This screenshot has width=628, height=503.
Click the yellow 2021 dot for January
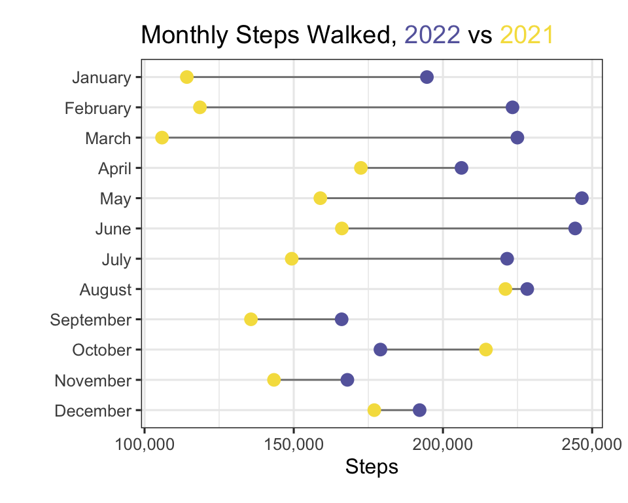(186, 77)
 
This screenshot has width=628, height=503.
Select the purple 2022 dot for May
(582, 198)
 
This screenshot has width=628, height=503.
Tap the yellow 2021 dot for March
(162, 138)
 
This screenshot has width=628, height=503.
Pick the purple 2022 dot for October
(380, 349)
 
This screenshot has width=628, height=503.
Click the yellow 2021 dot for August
(506, 289)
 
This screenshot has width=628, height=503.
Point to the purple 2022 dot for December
(419, 410)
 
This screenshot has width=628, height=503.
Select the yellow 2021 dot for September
(251, 320)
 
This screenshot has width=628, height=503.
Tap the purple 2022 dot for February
(512, 107)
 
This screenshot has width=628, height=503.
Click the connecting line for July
(399, 259)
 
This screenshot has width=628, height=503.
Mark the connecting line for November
(310, 380)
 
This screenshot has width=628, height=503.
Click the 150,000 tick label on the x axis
(294, 445)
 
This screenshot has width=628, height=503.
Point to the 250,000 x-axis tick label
(591, 445)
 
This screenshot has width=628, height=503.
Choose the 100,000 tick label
(145, 445)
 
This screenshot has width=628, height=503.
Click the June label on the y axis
(113, 229)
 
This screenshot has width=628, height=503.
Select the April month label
(114, 169)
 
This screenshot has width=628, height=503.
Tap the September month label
(90, 320)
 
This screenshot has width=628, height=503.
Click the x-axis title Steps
(372, 467)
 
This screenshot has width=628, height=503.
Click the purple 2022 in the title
(432, 35)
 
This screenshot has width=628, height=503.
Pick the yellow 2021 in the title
(527, 35)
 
